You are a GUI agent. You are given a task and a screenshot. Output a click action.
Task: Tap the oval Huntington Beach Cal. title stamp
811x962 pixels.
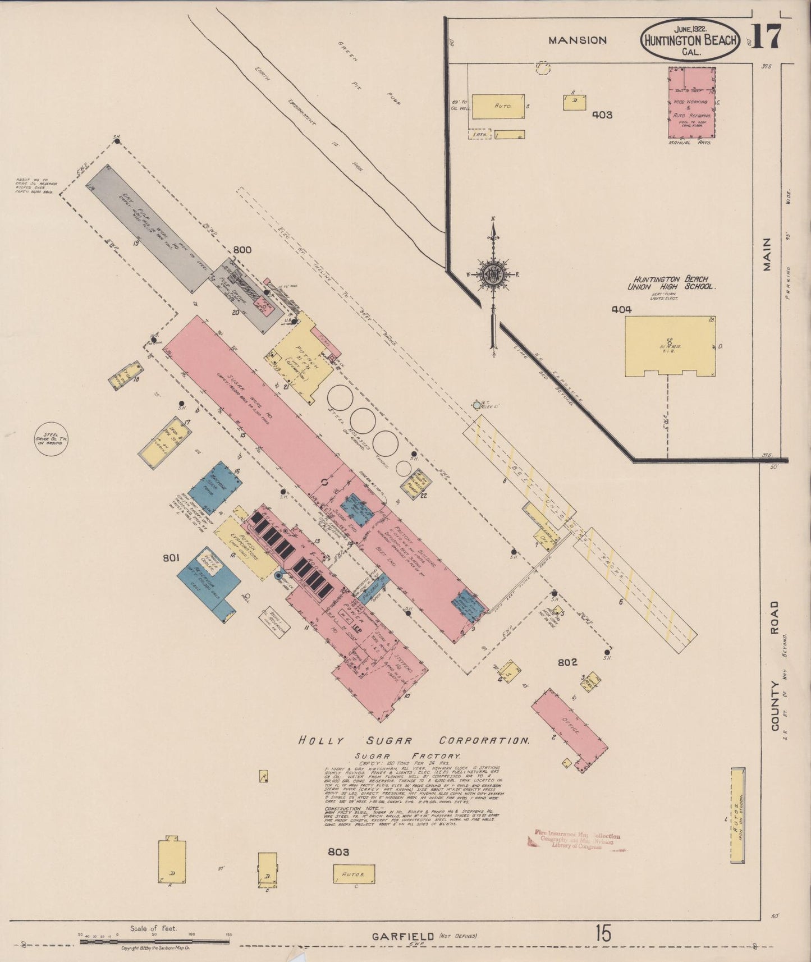point(691,40)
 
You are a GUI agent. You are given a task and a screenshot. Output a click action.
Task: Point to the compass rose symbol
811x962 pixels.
point(493,274)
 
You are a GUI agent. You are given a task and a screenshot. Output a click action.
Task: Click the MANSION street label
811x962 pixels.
point(578,40)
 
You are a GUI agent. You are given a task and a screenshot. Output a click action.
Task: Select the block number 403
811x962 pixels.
point(602,115)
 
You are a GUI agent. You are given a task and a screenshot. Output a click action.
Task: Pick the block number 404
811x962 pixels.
point(621,309)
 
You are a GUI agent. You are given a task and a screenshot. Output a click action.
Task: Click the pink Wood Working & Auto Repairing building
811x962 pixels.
point(691,103)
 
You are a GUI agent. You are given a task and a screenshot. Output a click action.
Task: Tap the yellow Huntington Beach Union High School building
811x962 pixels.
point(670,346)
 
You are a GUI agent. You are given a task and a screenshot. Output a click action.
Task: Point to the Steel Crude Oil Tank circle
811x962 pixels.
point(51,439)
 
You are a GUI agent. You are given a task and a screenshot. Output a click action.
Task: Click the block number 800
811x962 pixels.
point(242,250)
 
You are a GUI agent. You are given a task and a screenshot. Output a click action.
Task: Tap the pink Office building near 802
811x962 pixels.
point(569,729)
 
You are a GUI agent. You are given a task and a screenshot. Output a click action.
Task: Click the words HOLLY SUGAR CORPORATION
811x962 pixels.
point(414,740)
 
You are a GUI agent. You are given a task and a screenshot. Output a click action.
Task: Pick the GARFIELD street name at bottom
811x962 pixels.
point(403,936)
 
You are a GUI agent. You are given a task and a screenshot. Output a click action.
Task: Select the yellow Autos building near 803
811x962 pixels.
point(354,874)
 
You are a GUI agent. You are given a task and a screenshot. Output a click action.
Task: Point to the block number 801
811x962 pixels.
point(171,557)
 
